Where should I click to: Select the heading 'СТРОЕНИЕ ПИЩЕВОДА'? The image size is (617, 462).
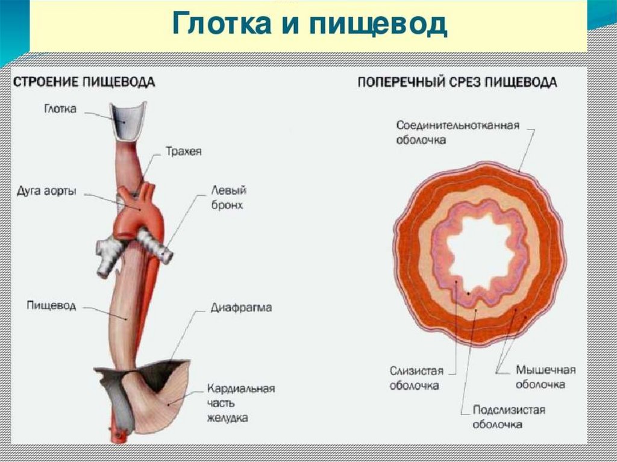click(84, 81)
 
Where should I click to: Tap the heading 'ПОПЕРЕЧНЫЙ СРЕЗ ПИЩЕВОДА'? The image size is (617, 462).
click(457, 82)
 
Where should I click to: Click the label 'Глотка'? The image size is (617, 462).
click(60, 110)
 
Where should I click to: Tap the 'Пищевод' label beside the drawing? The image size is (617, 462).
click(51, 305)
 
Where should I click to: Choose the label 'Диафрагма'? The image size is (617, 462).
click(241, 308)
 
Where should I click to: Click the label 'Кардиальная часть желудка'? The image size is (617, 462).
click(240, 402)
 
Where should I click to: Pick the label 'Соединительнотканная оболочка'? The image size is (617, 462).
click(458, 132)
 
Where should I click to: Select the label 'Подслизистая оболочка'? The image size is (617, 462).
click(509, 417)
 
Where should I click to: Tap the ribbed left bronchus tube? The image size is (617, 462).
click(155, 247)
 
